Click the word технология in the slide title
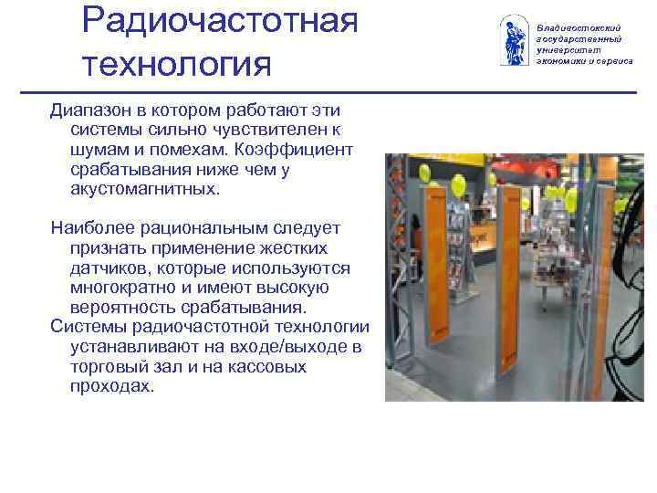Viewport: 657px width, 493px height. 177,64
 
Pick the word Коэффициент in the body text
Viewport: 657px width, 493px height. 294,150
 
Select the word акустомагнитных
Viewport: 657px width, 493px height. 144,189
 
